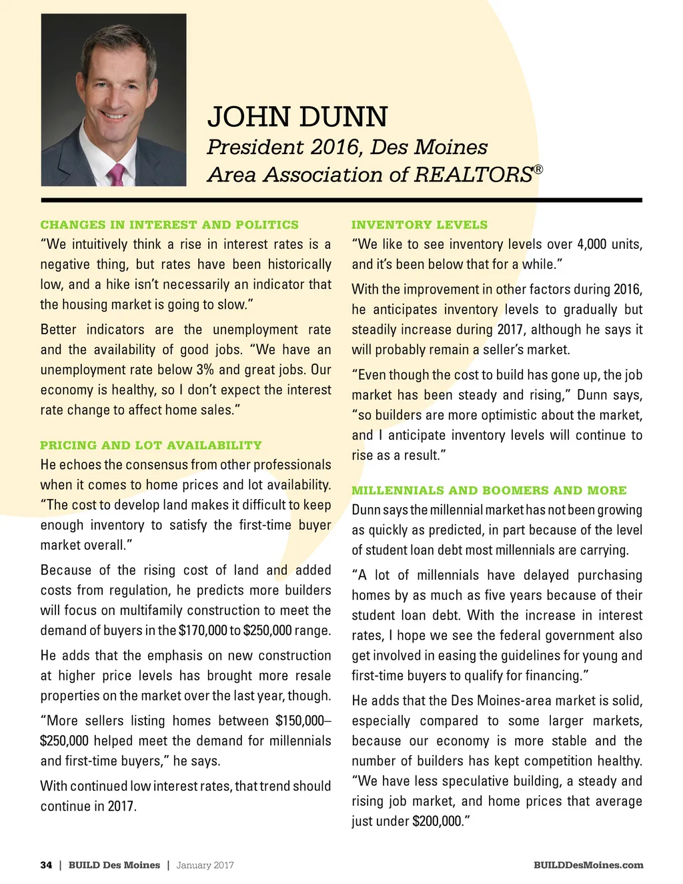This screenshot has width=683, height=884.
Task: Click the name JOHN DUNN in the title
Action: (x=297, y=117)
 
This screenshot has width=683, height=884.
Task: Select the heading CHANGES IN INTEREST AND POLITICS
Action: (x=169, y=225)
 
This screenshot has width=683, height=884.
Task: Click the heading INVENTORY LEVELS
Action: (x=420, y=225)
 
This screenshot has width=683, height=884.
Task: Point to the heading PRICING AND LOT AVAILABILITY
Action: (x=151, y=445)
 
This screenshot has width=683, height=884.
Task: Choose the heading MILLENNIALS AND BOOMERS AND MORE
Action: (x=489, y=490)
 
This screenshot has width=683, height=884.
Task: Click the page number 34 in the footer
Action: (x=46, y=865)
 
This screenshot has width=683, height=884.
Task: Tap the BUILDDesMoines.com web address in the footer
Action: (x=588, y=865)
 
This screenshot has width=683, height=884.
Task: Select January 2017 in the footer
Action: (x=205, y=865)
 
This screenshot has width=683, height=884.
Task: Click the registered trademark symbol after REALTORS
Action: (x=538, y=169)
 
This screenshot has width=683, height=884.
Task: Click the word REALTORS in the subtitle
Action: (x=473, y=175)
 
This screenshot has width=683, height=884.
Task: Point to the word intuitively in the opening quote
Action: (x=99, y=244)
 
